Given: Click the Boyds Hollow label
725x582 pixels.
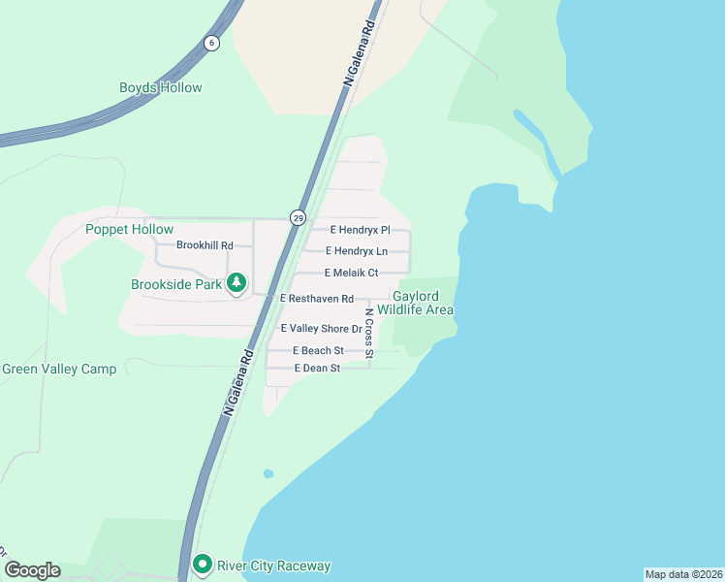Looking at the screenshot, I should (x=161, y=87).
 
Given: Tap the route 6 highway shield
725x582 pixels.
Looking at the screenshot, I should (x=211, y=43).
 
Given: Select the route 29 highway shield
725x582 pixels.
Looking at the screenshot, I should (x=298, y=217).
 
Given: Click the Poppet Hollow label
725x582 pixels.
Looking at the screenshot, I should (x=129, y=229).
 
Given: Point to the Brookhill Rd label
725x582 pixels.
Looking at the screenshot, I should (x=205, y=245).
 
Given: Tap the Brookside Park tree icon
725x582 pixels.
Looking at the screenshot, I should (x=236, y=283).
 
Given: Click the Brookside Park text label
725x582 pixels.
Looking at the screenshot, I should (x=176, y=284).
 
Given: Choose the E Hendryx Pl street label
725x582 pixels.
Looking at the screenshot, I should (x=360, y=230).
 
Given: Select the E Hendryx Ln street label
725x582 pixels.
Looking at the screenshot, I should (x=356, y=251).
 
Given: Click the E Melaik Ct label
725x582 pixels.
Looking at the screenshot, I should (x=351, y=273).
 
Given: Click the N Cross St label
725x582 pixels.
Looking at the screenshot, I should (x=369, y=333).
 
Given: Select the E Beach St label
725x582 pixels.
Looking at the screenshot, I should (x=318, y=350).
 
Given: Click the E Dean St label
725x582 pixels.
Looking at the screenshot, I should (x=317, y=369).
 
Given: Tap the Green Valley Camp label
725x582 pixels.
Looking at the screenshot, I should (x=59, y=369).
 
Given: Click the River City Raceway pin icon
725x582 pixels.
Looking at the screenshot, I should (x=203, y=564).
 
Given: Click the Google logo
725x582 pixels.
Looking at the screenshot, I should (x=32, y=570).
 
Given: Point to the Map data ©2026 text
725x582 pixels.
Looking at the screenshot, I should (x=683, y=574).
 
